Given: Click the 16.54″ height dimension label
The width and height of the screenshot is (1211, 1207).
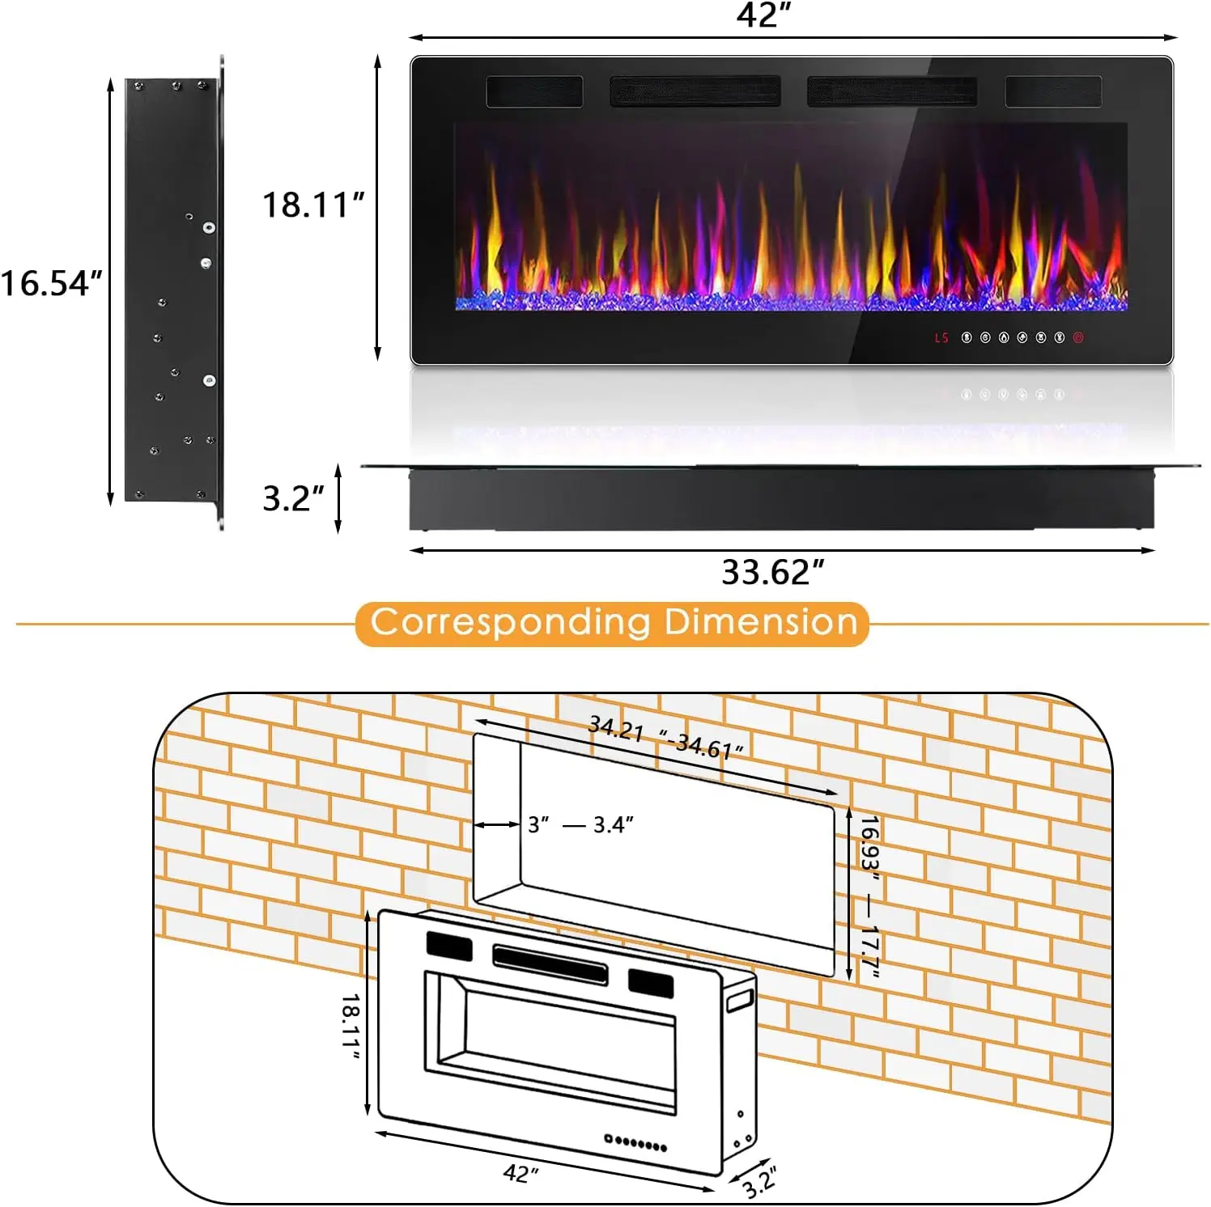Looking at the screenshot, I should pyautogui.click(x=52, y=283).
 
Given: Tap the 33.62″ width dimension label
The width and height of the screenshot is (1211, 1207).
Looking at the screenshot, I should pyautogui.click(x=772, y=573).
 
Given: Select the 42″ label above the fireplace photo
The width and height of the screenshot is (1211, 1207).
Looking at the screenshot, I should pyautogui.click(x=763, y=15).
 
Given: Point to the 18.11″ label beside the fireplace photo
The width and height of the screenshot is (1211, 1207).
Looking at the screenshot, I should pyautogui.click(x=313, y=205).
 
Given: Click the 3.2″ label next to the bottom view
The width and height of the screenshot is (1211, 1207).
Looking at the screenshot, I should pyautogui.click(x=293, y=498).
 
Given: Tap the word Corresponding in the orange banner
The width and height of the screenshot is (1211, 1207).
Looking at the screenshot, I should pyautogui.click(x=510, y=622).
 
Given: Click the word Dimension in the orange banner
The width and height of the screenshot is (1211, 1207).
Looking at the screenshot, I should pyautogui.click(x=761, y=622).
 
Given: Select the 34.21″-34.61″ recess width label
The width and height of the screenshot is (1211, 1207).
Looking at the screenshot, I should pyautogui.click(x=665, y=737).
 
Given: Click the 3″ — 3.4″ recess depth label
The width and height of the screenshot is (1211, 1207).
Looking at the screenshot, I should pyautogui.click(x=580, y=824).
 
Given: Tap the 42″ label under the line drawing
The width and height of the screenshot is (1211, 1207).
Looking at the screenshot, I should pyautogui.click(x=521, y=1173).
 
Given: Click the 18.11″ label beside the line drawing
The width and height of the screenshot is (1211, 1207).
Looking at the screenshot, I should pyautogui.click(x=351, y=1026).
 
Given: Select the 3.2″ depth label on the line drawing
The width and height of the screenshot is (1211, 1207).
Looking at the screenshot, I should pyautogui.click(x=759, y=1181).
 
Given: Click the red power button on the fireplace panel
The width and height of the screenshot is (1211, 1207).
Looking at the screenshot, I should pyautogui.click(x=1078, y=337).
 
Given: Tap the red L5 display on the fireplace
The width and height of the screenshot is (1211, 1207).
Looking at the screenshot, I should pyautogui.click(x=941, y=337).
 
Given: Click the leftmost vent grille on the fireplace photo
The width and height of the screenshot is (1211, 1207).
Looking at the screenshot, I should pyautogui.click(x=534, y=91).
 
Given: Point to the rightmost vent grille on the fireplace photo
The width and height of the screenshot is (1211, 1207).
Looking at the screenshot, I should pyautogui.click(x=1053, y=91).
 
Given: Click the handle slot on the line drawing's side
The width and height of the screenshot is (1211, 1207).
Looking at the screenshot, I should pyautogui.click(x=740, y=1002).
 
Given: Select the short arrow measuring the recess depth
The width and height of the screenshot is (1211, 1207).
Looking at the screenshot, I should pyautogui.click(x=496, y=824).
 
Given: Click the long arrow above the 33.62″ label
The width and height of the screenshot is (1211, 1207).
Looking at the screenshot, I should pyautogui.click(x=782, y=550).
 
